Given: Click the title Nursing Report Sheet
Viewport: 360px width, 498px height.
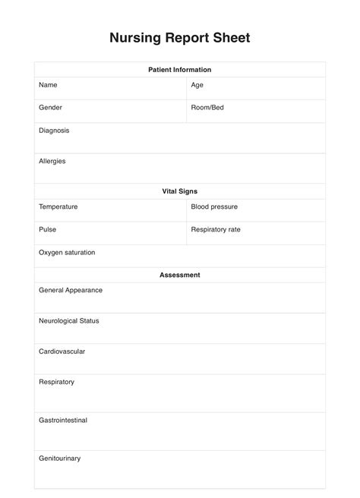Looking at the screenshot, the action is (x=179, y=37).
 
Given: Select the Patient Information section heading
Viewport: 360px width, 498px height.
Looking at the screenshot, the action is (x=179, y=70).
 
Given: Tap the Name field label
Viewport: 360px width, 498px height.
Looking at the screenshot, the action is (x=48, y=85).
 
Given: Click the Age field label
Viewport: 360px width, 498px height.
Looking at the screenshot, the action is (x=197, y=85).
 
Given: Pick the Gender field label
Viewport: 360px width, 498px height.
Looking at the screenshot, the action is (x=50, y=108).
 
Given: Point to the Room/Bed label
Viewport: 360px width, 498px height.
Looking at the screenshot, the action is (x=207, y=108).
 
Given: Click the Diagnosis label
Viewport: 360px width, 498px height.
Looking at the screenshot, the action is (x=54, y=131).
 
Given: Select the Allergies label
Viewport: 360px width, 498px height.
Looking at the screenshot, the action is (x=52, y=161).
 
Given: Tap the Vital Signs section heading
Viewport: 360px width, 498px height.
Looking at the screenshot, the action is (x=179, y=191).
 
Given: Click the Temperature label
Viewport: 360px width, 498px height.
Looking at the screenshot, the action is (x=58, y=206).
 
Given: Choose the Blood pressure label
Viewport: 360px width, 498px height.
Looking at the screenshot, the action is (x=214, y=206).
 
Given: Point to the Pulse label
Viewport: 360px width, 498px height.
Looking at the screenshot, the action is (x=48, y=229).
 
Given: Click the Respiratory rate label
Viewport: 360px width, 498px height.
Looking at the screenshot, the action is (x=216, y=229).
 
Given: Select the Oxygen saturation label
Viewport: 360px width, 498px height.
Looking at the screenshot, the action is (x=67, y=252).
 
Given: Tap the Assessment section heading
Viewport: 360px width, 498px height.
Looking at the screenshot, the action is (x=179, y=275).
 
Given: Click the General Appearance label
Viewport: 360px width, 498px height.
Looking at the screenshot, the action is (x=71, y=290).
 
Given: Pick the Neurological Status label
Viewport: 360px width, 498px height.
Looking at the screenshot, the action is (x=69, y=320).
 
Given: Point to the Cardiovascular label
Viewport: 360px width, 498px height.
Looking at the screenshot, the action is (x=62, y=351).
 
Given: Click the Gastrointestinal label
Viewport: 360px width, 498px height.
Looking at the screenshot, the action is (x=63, y=420).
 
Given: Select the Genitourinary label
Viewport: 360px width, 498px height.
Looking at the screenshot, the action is (x=59, y=459).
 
